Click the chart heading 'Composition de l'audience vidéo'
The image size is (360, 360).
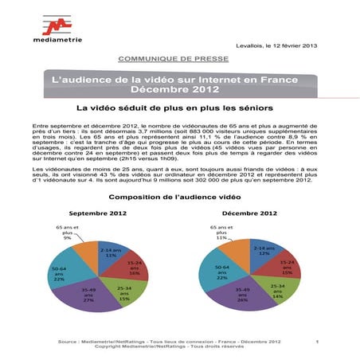(x=180, y=196)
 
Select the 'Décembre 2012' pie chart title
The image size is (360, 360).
(x=251, y=213)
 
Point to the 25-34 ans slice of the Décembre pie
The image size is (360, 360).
(x=276, y=292)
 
